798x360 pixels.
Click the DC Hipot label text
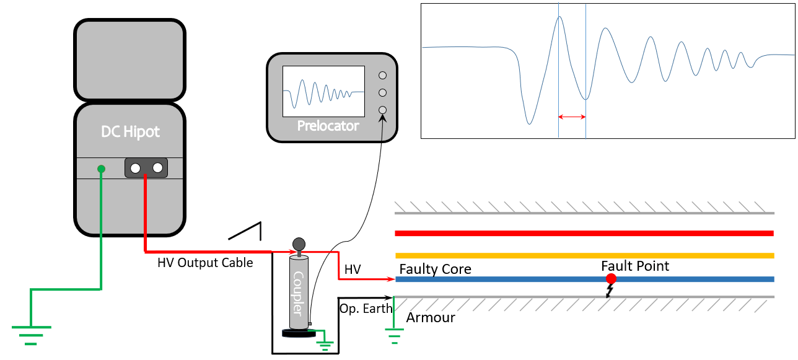[x=130, y=132]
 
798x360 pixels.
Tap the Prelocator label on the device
[x=328, y=126]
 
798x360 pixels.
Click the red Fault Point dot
[x=611, y=279]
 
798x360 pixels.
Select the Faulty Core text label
[x=435, y=269]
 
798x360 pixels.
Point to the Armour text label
[x=431, y=318]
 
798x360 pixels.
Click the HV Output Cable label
[x=205, y=263]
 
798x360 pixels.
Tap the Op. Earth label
[x=366, y=308]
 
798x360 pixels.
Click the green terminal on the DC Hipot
[x=101, y=168]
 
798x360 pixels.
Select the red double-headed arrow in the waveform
[x=572, y=116]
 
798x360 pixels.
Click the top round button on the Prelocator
[x=382, y=75]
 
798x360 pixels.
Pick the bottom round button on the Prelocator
[x=382, y=110]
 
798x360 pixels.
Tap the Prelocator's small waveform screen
[x=323, y=91]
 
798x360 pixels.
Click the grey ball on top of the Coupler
[x=299, y=243]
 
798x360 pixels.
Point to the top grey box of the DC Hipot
[x=129, y=61]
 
